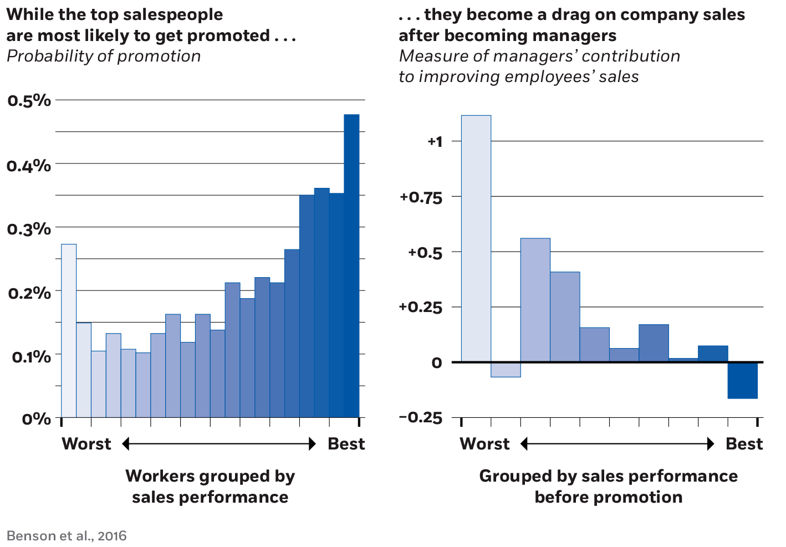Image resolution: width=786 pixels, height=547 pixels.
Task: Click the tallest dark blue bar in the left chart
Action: tap(351, 265)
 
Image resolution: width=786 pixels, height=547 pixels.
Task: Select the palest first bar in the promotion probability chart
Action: tap(69, 330)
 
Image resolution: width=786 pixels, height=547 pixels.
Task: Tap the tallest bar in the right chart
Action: tap(476, 238)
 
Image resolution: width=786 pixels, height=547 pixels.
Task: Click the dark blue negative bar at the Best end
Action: tap(743, 380)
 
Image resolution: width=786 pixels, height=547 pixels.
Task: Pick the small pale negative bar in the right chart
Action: tap(506, 370)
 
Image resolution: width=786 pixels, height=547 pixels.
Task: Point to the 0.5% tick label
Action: tap(29, 101)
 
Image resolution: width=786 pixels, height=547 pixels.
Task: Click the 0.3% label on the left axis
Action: tap(29, 228)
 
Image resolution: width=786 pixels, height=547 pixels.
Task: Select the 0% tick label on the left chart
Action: tap(37, 419)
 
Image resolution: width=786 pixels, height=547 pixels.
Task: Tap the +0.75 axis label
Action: tap(421, 197)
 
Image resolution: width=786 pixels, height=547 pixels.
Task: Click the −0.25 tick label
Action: tap(421, 418)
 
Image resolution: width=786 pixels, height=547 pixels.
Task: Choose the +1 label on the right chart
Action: tap(435, 142)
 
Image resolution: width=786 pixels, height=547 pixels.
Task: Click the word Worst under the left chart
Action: tap(86, 444)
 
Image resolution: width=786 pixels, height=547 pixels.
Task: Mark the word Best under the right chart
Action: tap(744, 444)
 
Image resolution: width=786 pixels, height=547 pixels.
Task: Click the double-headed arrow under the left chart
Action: tap(218, 444)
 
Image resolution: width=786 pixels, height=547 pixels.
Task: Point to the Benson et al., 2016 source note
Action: tap(67, 536)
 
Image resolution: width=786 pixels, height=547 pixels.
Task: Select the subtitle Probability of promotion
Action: tap(103, 56)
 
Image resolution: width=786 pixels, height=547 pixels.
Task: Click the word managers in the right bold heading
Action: tap(578, 35)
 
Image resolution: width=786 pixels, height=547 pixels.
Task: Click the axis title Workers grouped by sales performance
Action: tap(210, 486)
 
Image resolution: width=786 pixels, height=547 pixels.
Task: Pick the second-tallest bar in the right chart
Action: tap(535, 300)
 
